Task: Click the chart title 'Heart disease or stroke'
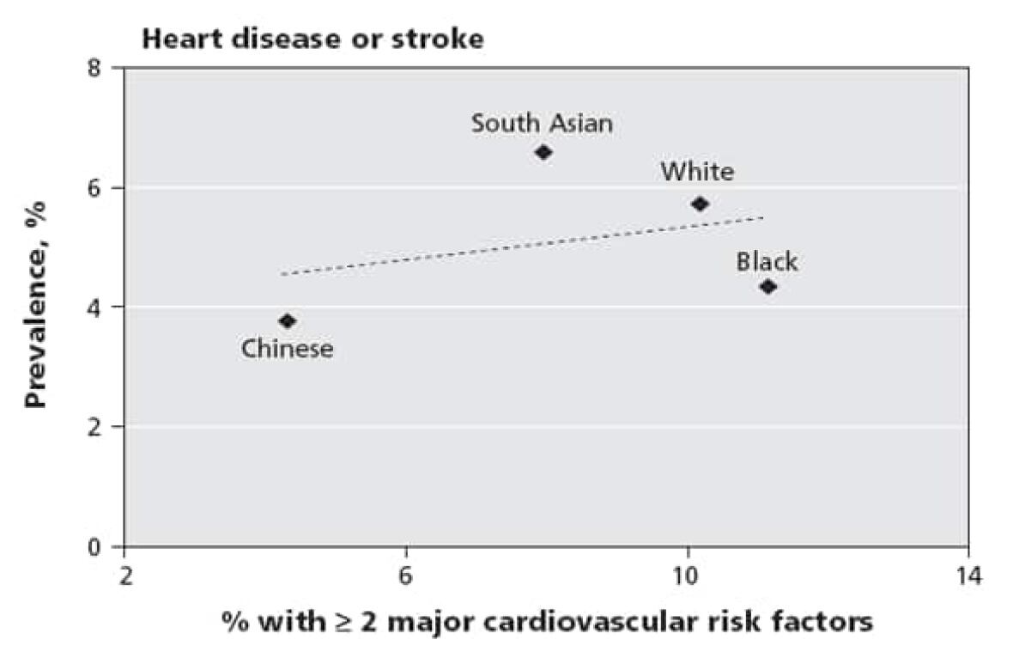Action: click(x=312, y=40)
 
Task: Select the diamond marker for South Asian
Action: click(x=543, y=152)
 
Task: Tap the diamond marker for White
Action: click(x=700, y=204)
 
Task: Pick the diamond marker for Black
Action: click(x=768, y=286)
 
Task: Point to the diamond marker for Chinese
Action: click(x=288, y=320)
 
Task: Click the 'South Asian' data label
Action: click(x=542, y=124)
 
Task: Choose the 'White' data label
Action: click(x=697, y=172)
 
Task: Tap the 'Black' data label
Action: click(x=767, y=261)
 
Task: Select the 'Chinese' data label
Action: click(x=287, y=349)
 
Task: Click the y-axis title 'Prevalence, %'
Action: click(x=36, y=304)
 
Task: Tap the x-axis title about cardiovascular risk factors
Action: click(x=547, y=620)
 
